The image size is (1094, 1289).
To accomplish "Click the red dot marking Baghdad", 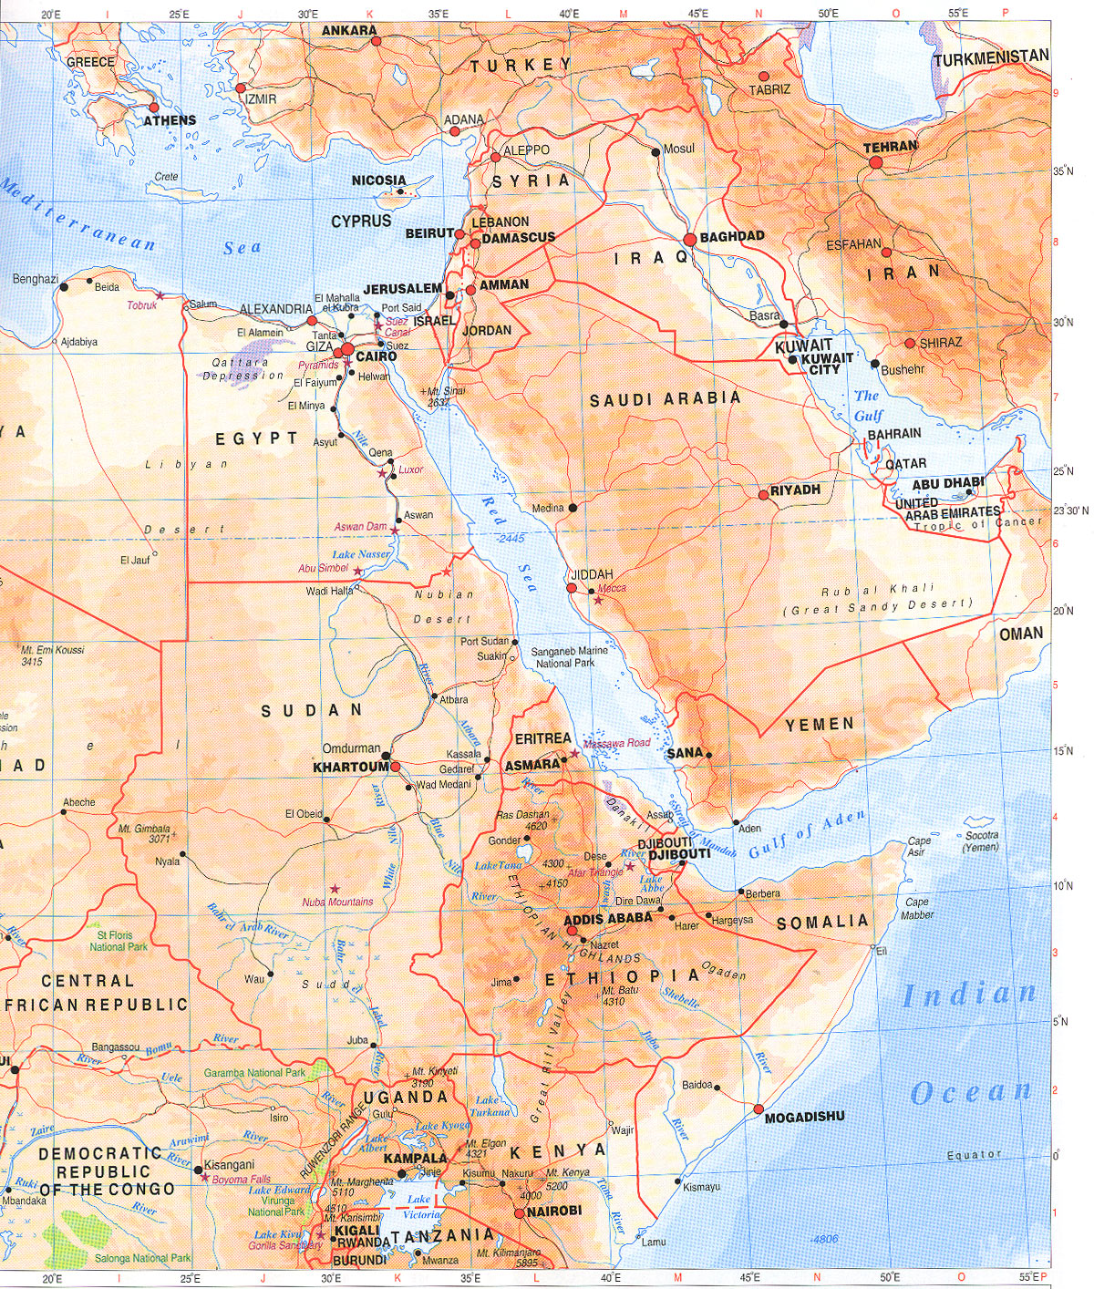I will pos(690,239).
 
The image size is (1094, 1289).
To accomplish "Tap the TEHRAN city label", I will pos(891,146).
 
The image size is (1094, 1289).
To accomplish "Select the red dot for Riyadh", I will pos(763,495).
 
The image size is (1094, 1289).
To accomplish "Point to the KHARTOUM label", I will pos(350,768).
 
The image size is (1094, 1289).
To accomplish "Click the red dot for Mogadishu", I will pos(758,1109).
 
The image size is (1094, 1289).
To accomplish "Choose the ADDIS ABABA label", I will pos(610,918).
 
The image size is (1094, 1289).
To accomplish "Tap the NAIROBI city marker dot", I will pos(519,1213).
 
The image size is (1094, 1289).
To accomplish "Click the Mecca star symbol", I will pos(598,599).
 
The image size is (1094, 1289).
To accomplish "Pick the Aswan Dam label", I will pos(361,527).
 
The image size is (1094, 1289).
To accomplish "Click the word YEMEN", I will pos(820,725).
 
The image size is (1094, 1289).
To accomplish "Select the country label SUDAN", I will pos(312,710).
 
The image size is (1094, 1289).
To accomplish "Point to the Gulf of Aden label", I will pos(806,836).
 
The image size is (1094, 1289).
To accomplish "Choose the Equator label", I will pos(974,1154).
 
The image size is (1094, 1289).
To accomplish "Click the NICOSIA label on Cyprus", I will pos(378,180).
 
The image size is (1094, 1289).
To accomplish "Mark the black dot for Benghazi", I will pos(63,287).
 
